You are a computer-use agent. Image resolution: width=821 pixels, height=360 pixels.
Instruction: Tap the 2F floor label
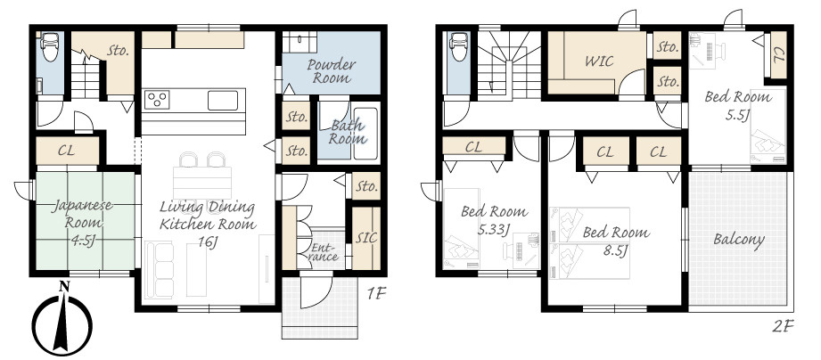(x=784, y=327)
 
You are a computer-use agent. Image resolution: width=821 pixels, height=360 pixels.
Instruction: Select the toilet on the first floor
(x=50, y=46)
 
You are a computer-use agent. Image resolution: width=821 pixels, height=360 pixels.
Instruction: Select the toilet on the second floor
(x=458, y=46)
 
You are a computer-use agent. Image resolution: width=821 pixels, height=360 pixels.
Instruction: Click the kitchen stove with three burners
(x=157, y=100)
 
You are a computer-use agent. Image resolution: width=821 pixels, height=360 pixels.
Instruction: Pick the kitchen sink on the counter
(x=223, y=100)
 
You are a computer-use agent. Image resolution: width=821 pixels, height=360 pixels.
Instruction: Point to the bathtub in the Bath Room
(x=365, y=134)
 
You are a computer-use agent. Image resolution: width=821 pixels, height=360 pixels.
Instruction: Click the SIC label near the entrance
(x=366, y=238)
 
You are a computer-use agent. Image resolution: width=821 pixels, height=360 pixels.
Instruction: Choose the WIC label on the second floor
(x=599, y=61)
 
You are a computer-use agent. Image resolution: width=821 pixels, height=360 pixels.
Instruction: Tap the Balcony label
(x=739, y=241)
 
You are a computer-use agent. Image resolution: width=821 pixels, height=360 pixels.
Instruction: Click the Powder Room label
(x=331, y=71)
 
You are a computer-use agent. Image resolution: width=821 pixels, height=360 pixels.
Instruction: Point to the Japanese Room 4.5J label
(x=83, y=223)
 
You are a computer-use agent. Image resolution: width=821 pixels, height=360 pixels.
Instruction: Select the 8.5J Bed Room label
(x=616, y=241)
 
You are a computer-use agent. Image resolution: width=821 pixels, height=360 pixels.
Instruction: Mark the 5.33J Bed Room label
(x=494, y=220)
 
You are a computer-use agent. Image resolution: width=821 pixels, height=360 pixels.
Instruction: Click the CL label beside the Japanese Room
(x=66, y=151)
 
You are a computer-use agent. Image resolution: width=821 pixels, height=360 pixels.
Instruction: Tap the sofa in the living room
(x=160, y=269)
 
